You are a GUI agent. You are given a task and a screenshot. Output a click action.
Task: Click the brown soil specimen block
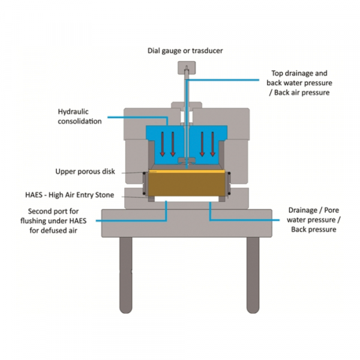click(186, 186)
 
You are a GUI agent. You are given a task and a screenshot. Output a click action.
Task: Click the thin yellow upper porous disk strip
click(186, 170)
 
